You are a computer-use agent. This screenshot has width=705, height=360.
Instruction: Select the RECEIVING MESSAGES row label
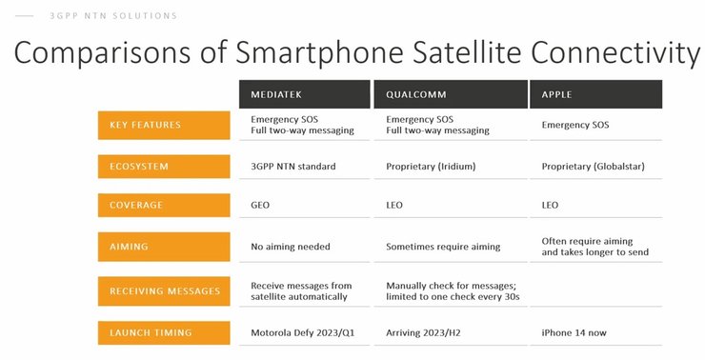pyautogui.click(x=163, y=290)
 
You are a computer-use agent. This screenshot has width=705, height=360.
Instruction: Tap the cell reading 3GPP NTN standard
pyautogui.click(x=292, y=167)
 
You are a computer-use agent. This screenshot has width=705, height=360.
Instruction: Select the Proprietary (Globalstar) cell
pyautogui.click(x=593, y=167)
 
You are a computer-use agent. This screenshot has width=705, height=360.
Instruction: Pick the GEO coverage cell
pyautogui.click(x=261, y=205)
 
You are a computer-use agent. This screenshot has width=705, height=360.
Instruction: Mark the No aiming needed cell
pyautogui.click(x=290, y=247)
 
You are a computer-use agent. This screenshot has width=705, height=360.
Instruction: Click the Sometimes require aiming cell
pyautogui.click(x=442, y=247)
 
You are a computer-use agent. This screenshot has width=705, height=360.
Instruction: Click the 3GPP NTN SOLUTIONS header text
pyautogui.click(x=112, y=16)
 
